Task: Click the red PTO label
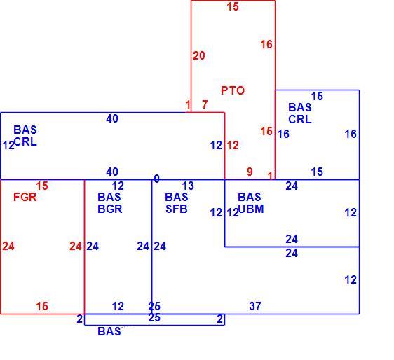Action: [x=233, y=90]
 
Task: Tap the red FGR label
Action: [x=25, y=197]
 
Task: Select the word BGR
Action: [x=110, y=209]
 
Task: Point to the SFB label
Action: [x=177, y=209]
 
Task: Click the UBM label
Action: [x=251, y=209]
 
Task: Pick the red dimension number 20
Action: [x=199, y=56]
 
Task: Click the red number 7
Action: [x=205, y=104]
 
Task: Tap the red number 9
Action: [x=250, y=172]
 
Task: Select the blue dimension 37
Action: [x=255, y=306]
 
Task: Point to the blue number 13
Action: [x=188, y=186]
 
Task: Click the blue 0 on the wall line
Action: [x=156, y=179]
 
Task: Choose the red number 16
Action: [x=266, y=45]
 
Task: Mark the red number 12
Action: [x=233, y=146]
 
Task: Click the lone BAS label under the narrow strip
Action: [x=109, y=331]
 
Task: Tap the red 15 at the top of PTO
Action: [x=233, y=7]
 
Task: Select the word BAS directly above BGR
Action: [x=109, y=197]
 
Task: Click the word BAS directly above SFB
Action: [x=177, y=197]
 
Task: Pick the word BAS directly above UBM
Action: [x=250, y=197]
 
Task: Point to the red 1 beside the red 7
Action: [x=188, y=104]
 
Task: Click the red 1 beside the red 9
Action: [x=270, y=176]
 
